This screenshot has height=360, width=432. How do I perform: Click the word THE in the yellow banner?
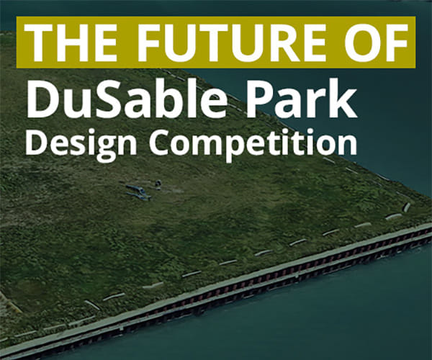tap(68, 42)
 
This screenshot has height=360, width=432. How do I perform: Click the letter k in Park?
tap(346, 101)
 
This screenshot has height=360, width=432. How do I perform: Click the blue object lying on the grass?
tap(137, 192)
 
